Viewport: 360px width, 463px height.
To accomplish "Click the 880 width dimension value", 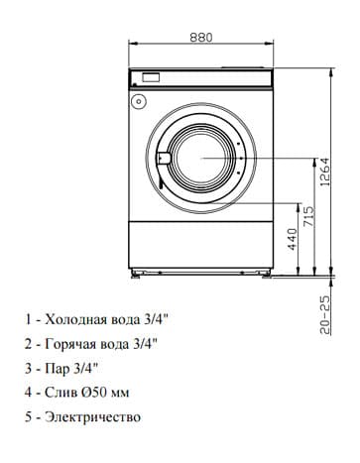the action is click(201, 38).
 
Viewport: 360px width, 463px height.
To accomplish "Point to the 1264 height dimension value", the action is click(325, 172).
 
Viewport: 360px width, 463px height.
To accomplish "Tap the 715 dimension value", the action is click(309, 216).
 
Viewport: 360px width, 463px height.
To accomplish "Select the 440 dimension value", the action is click(293, 239).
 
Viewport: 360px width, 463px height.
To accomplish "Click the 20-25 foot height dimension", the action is click(325, 314).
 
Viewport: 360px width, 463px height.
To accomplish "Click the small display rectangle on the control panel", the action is click(151, 77).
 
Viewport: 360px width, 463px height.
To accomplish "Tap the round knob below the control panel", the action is click(138, 101).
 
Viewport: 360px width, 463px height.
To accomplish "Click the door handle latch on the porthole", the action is click(163, 158).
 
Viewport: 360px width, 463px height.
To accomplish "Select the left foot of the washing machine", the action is click(136, 274).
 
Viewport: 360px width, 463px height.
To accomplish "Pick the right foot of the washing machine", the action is click(266, 274).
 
